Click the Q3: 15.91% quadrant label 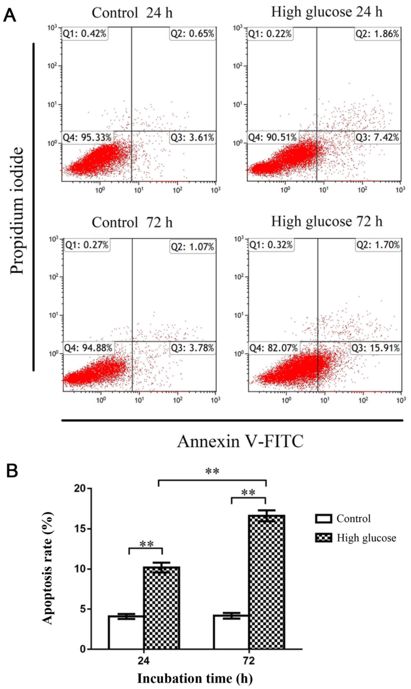point(375,348)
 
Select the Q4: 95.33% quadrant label point(87,137)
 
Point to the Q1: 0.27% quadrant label point(87,245)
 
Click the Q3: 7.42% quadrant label point(377,137)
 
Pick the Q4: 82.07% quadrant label point(273,348)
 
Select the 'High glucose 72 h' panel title point(327,222)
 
